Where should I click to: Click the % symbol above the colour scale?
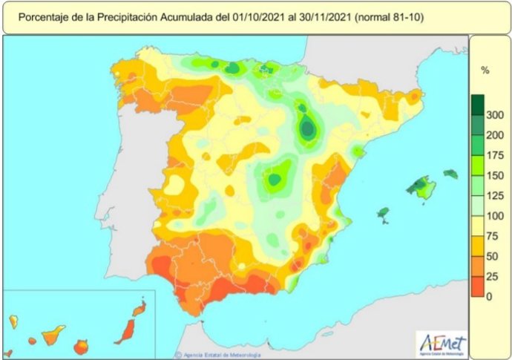click(485, 71)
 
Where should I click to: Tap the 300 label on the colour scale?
click(494, 114)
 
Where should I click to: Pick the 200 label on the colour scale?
click(494, 135)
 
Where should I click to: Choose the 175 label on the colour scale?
click(494, 155)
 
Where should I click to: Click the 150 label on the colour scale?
click(494, 175)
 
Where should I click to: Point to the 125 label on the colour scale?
click(494, 196)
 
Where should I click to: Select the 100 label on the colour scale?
click(494, 216)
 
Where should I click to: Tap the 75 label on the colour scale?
click(492, 236)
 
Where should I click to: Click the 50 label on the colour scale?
click(492, 256)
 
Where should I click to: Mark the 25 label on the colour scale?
click(492, 277)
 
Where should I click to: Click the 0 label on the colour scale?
click(490, 297)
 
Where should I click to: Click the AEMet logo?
click(442, 344)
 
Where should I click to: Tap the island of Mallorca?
click(421, 188)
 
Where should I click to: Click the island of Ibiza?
click(383, 214)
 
